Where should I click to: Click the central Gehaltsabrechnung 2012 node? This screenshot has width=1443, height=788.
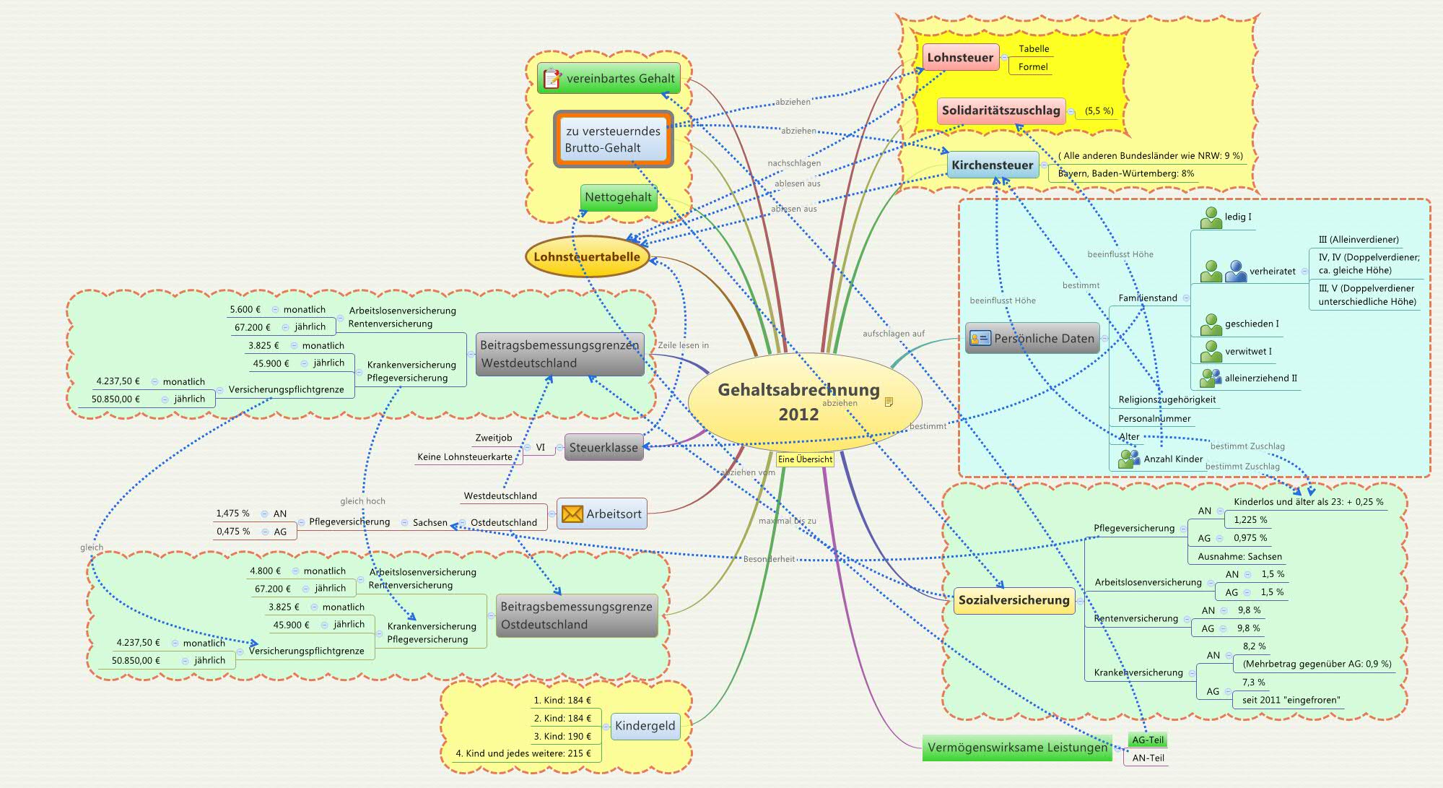(798, 402)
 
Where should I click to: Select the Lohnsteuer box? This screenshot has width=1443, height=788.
(960, 58)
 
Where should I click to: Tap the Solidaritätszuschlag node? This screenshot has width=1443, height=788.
(1000, 111)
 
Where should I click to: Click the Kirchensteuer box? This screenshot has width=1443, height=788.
(992, 165)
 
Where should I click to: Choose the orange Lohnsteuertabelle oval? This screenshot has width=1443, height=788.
(587, 256)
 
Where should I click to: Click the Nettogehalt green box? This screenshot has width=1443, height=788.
(618, 197)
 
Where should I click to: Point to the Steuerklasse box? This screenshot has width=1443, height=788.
(603, 448)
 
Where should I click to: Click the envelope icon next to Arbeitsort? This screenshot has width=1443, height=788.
(572, 514)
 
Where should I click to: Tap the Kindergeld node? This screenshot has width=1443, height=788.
(645, 726)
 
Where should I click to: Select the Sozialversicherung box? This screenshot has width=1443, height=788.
(1013, 600)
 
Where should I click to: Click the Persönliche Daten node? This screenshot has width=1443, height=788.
(1032, 339)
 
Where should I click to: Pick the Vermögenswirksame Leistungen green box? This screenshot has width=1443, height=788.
(1017, 748)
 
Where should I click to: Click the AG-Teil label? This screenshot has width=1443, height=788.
(1148, 740)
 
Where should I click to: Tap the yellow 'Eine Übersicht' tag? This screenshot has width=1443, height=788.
(805, 459)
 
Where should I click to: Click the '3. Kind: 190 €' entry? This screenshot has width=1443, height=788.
(562, 736)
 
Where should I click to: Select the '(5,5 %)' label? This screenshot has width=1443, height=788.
(1099, 111)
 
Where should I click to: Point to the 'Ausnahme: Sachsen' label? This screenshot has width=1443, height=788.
(1239, 556)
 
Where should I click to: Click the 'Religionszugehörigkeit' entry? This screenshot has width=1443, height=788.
(1167, 399)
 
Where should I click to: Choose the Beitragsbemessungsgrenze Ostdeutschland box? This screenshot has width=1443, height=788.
(576, 615)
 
